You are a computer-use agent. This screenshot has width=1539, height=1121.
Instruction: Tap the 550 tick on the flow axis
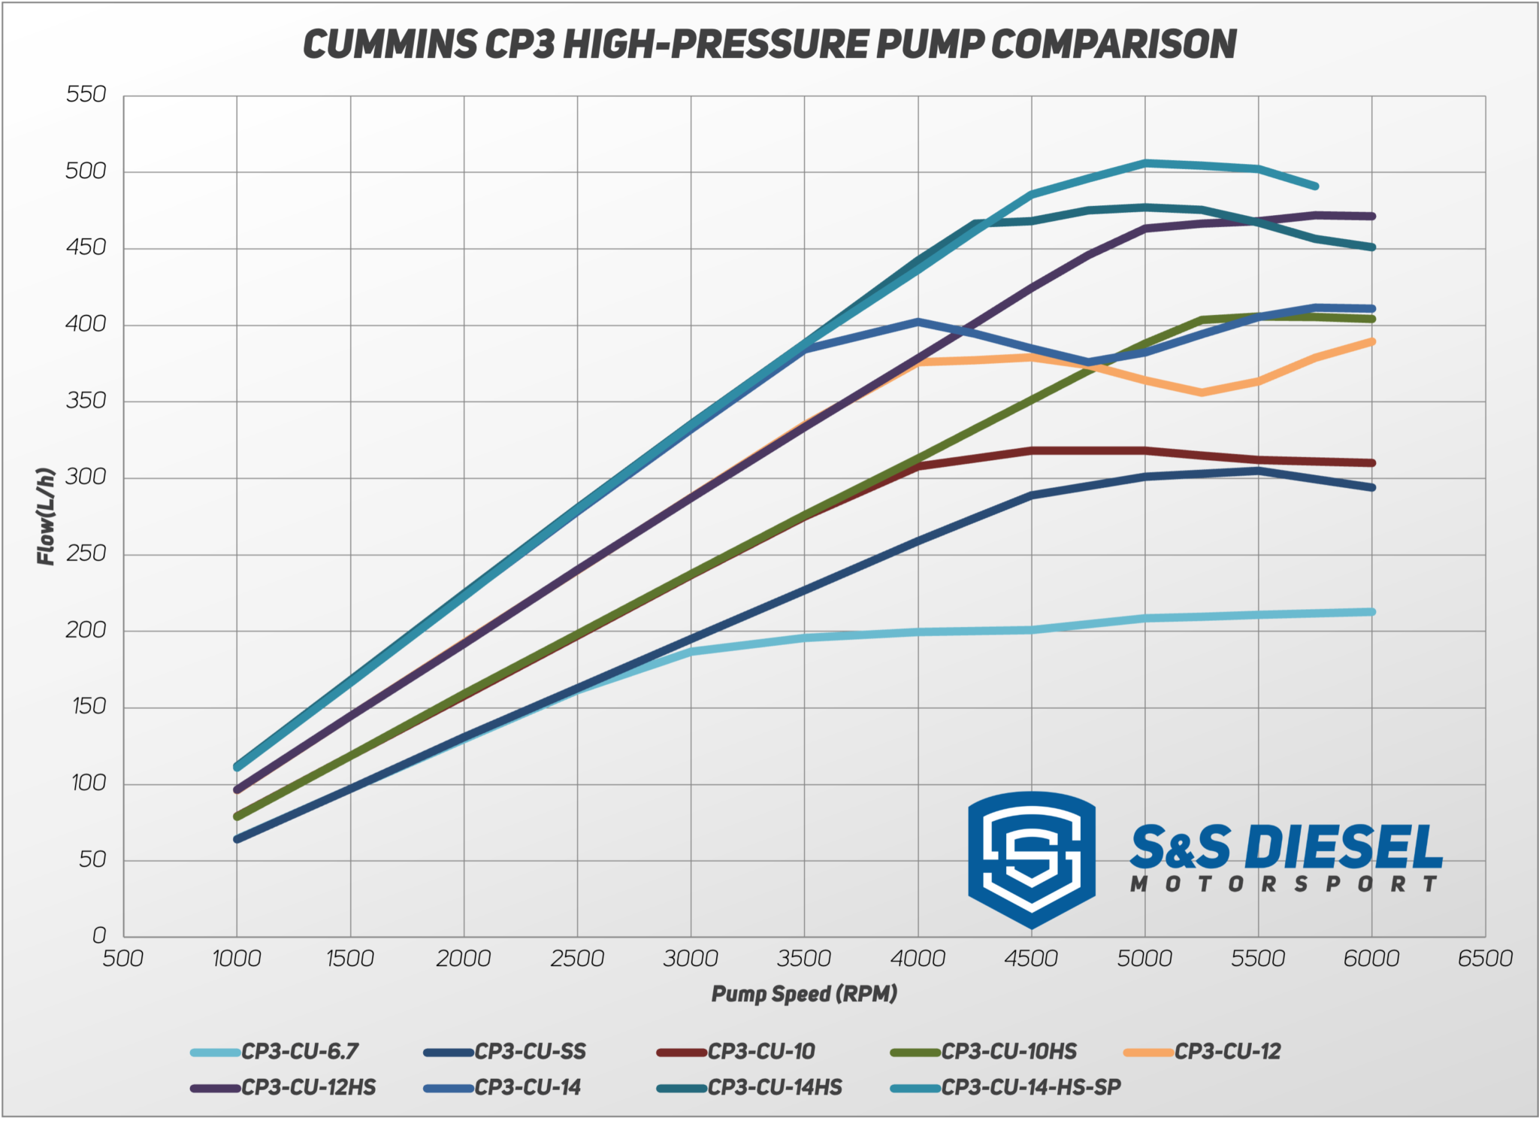pos(86,95)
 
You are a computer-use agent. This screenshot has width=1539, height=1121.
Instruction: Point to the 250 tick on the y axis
pos(86,554)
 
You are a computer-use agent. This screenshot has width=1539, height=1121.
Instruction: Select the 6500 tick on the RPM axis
pos(1485,959)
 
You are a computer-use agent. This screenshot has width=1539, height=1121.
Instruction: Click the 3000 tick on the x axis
pos(691,959)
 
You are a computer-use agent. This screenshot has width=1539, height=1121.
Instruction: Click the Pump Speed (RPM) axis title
pos(804,994)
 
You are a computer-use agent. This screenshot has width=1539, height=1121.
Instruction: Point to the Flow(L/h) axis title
pos(47,517)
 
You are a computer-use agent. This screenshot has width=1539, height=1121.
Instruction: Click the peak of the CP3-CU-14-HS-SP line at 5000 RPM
pos(1145,162)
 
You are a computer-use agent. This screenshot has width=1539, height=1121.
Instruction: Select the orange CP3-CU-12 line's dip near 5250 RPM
pos(1202,392)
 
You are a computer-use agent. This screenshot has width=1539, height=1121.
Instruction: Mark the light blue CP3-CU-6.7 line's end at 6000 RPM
pos(1372,612)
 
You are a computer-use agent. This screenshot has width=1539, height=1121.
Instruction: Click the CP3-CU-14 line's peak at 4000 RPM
pos(918,322)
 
